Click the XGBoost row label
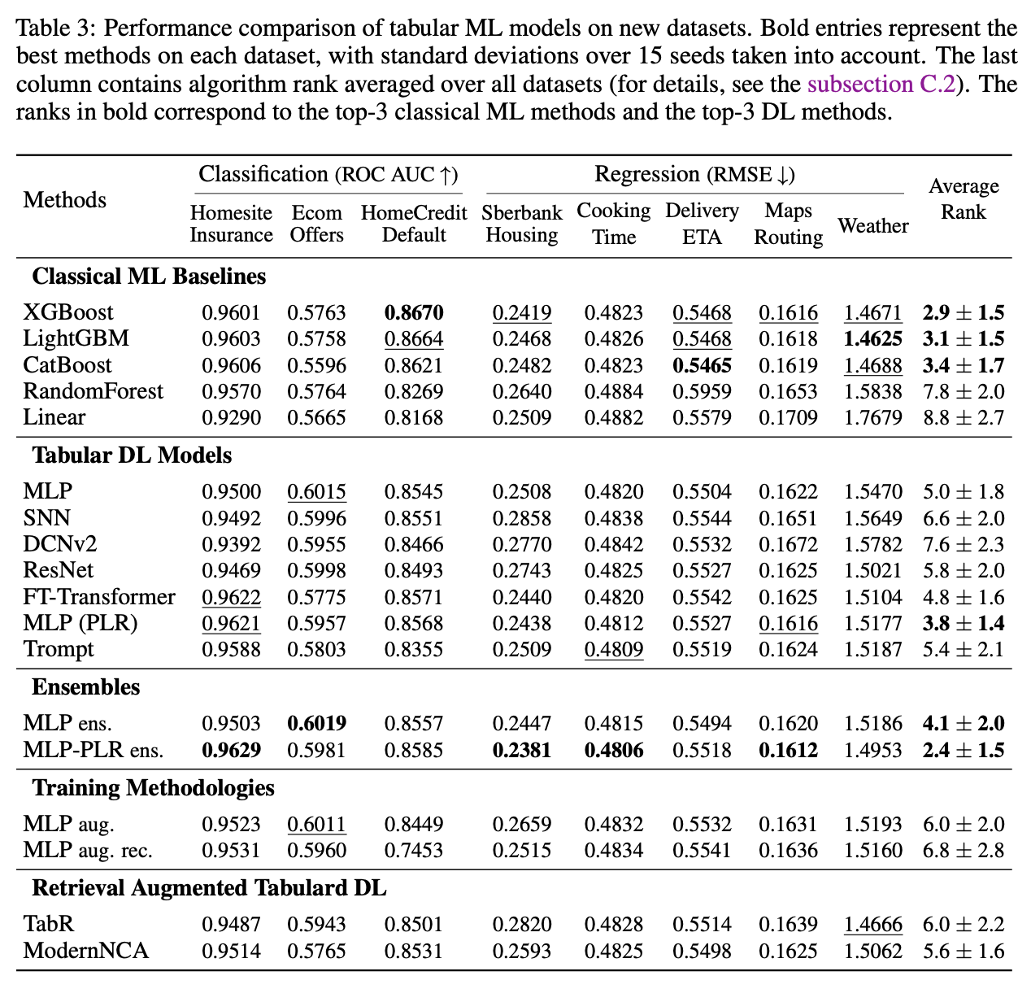[x=68, y=312]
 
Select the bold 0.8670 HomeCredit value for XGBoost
[x=414, y=312]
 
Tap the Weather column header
[x=872, y=225]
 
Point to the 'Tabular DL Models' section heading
[x=132, y=455]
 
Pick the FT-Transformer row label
[x=99, y=597]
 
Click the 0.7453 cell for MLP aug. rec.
[x=414, y=851]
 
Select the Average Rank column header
[x=963, y=199]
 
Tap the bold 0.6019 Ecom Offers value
[x=316, y=723]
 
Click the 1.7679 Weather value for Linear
[x=872, y=418]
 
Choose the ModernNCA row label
[x=86, y=951]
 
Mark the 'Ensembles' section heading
[x=85, y=687]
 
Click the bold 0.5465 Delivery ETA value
[x=702, y=365]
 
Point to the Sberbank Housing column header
[x=521, y=224]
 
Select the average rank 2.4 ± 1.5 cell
[x=964, y=750]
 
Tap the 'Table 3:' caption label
[x=56, y=30]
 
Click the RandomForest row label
[x=93, y=391]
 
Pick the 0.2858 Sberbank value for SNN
[x=521, y=518]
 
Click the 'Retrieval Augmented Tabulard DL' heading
[x=209, y=887]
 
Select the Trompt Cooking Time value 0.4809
[x=614, y=650]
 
